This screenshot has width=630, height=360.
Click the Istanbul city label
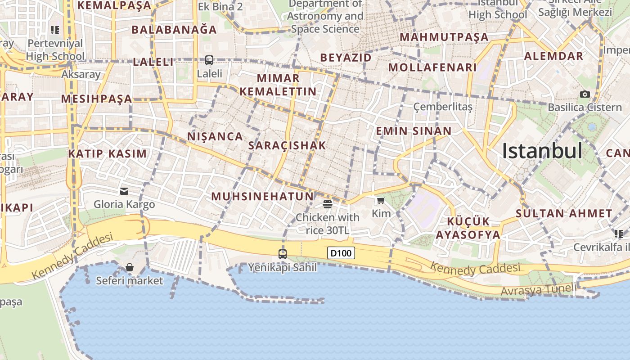click(x=542, y=150)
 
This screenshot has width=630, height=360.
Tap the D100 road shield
click(x=341, y=253)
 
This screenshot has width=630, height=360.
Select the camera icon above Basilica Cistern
click(x=585, y=94)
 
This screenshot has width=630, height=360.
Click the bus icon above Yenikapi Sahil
click(x=283, y=254)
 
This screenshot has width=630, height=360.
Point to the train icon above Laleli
click(x=209, y=60)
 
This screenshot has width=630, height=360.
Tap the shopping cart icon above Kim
click(x=381, y=201)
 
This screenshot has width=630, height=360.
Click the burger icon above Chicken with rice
click(x=327, y=204)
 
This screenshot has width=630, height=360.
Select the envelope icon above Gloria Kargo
click(x=124, y=191)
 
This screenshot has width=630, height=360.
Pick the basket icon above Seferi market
click(x=130, y=267)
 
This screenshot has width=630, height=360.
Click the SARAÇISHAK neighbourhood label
click(x=287, y=145)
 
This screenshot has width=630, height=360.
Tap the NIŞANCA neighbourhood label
click(x=215, y=136)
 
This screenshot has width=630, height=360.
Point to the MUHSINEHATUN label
click(x=262, y=196)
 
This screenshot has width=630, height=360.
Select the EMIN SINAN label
click(x=414, y=131)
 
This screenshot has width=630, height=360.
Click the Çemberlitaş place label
click(x=443, y=107)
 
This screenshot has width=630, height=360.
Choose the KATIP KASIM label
click(x=108, y=153)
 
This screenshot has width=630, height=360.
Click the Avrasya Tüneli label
click(x=538, y=290)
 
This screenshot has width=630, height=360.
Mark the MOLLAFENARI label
click(x=432, y=67)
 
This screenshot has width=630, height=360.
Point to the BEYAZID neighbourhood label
click(x=346, y=58)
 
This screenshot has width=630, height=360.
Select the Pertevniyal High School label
click(x=55, y=49)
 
